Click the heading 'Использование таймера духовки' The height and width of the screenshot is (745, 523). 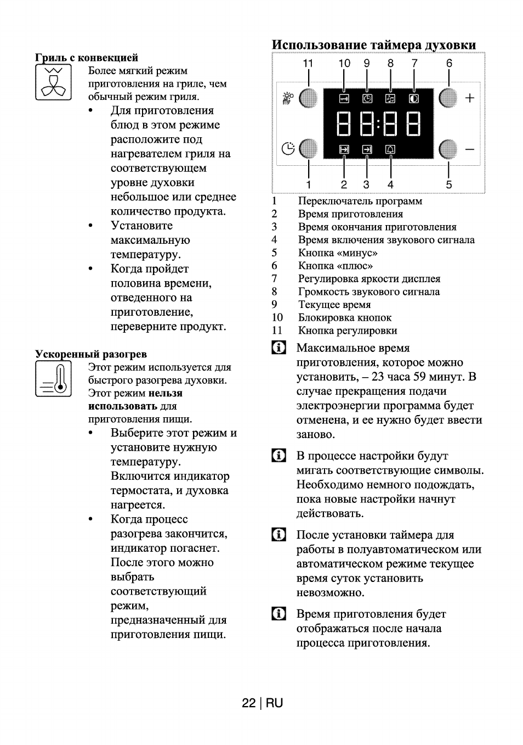coord(374,44)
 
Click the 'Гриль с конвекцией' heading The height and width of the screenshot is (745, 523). coord(87,58)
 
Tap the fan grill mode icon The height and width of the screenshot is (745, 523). coord(53,82)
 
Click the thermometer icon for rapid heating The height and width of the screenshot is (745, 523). coord(53,379)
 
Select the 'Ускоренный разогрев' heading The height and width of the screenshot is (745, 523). coord(91,354)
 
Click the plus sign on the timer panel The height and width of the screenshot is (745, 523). coord(470,98)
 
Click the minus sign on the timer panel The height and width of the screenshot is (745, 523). coord(470,149)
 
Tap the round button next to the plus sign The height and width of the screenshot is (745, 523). coord(448,98)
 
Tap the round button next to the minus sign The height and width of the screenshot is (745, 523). coord(448,149)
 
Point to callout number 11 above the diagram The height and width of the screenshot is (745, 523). coord(308,63)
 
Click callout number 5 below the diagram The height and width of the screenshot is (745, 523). coord(449,184)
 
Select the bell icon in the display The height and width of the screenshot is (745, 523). coord(390,149)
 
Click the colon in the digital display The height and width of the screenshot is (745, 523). coord(378,124)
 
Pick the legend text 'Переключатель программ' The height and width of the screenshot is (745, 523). coord(360,201)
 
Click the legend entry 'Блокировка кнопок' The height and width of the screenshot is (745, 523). coord(344,317)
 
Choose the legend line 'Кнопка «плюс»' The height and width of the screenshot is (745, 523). coord(335,266)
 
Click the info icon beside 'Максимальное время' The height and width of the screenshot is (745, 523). coord(279,348)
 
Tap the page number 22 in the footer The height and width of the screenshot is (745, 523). coord(249,703)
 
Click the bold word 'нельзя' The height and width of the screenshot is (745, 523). coord(165,393)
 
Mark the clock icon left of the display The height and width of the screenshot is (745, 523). coord(288,149)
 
